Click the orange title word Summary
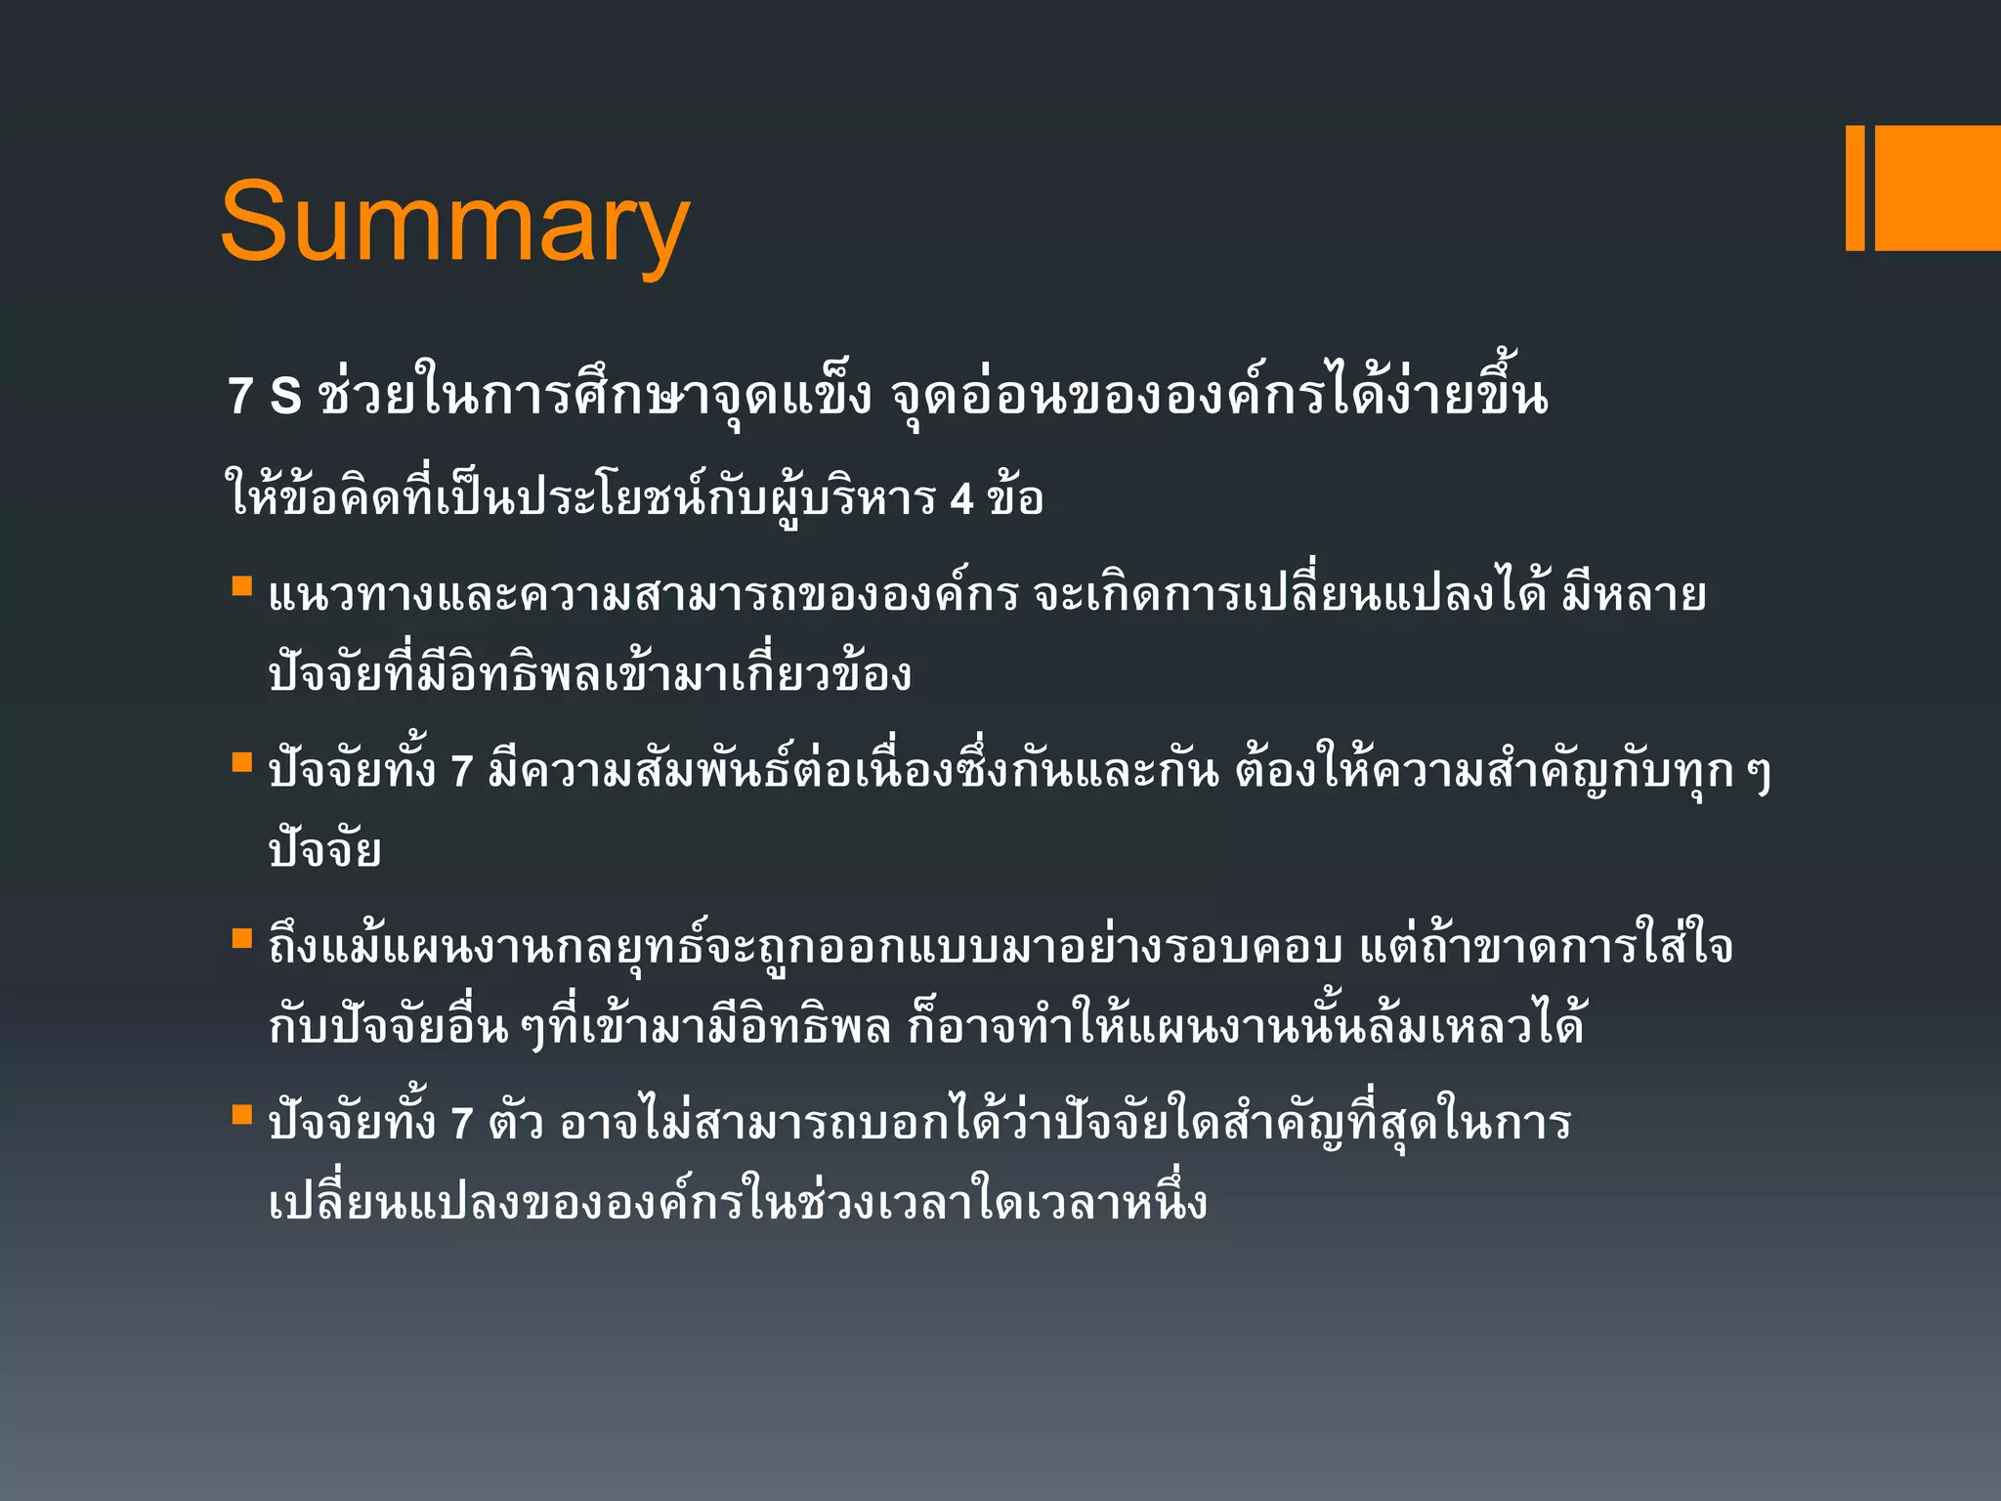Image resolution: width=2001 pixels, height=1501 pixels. (455, 223)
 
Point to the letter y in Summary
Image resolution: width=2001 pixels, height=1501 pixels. (658, 235)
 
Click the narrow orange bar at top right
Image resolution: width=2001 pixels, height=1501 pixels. (1854, 188)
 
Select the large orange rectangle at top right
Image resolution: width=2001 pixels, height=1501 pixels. (1937, 188)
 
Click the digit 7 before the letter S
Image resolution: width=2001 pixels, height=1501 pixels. (240, 396)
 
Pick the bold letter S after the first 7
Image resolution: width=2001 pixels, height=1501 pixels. (285, 396)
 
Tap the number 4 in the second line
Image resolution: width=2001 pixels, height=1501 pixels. (961, 499)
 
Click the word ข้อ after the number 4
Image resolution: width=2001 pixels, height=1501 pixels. (1015, 496)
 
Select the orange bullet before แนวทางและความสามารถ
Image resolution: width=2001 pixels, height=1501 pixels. (241, 586)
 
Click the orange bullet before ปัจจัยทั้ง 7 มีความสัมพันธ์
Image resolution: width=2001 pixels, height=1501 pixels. (241, 762)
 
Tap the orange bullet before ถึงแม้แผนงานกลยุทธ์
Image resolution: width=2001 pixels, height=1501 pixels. (241, 938)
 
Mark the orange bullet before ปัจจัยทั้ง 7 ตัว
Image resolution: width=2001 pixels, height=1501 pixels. (241, 1114)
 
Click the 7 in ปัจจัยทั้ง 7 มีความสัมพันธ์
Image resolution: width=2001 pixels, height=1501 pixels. (461, 772)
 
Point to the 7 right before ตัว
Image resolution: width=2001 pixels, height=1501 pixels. (461, 1124)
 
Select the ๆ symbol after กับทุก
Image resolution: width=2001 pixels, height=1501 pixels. (1758, 775)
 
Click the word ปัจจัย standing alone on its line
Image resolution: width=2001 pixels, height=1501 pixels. (324, 848)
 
